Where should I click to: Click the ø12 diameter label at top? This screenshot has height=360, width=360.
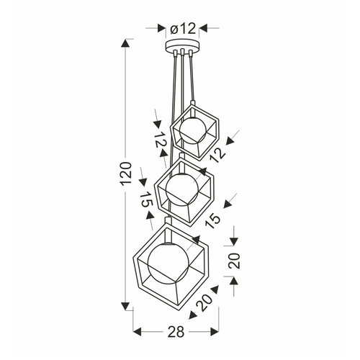click(x=183, y=29)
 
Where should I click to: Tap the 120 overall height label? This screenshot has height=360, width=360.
click(x=126, y=174)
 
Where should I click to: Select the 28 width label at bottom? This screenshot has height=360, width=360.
click(x=176, y=332)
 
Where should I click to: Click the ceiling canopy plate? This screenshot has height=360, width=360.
click(x=182, y=45)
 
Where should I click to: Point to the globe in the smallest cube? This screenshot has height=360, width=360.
click(x=193, y=131)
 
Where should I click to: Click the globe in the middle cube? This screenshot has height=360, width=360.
click(x=182, y=189)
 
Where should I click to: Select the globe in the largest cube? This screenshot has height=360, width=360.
click(x=168, y=264)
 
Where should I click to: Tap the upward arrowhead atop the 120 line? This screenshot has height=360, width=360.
click(x=125, y=43)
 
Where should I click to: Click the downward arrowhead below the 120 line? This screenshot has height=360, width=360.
click(x=125, y=306)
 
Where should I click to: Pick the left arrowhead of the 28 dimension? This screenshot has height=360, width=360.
click(x=137, y=332)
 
